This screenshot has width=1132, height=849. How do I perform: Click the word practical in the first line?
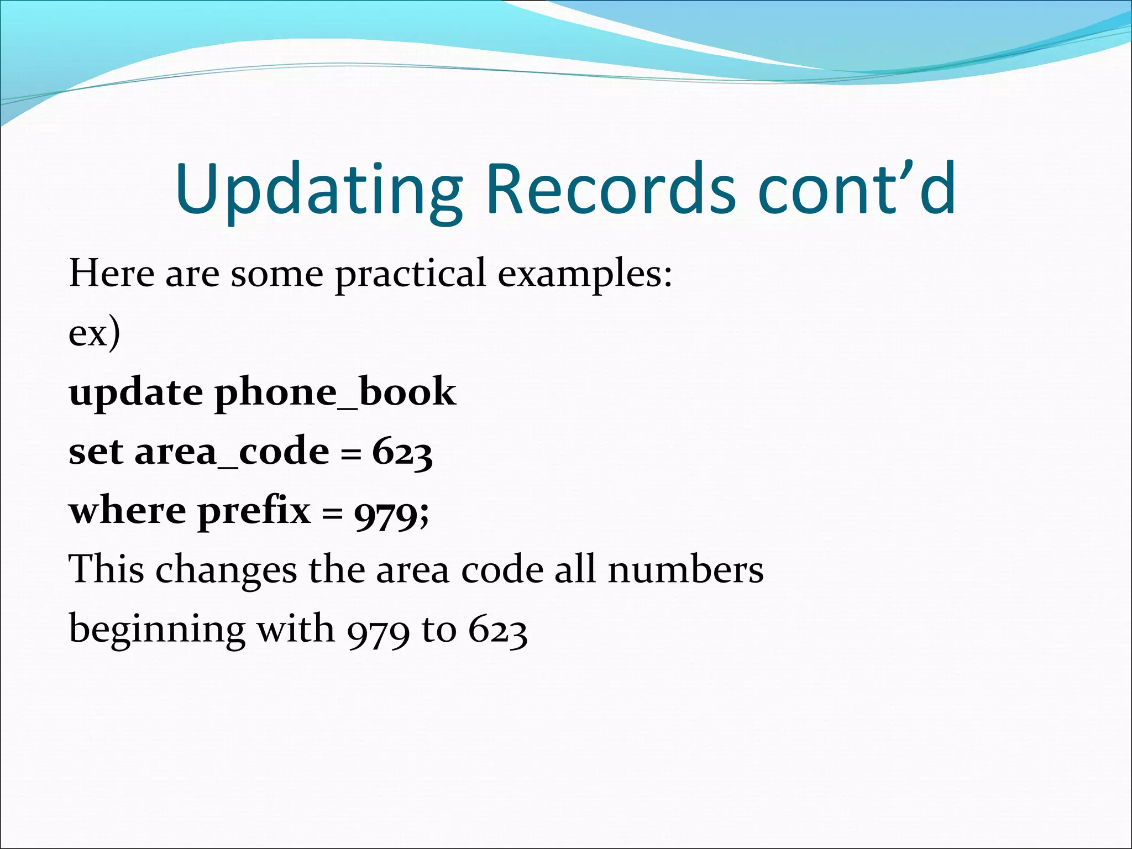[x=410, y=275]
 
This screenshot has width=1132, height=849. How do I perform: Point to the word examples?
[x=585, y=275]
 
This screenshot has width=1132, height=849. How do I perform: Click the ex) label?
[x=94, y=333]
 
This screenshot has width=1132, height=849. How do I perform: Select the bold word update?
[x=135, y=393]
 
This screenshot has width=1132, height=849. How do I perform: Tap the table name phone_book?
[x=335, y=393]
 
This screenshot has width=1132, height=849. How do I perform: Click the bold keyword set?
[x=95, y=452]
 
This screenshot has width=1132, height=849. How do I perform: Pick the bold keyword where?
[x=127, y=511]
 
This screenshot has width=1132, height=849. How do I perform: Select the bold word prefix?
[x=254, y=512]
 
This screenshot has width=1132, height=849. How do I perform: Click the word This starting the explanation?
[x=106, y=570]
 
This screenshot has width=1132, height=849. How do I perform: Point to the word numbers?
[x=685, y=570]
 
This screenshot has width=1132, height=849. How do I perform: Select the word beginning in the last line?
[x=157, y=630]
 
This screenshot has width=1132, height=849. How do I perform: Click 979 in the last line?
[x=378, y=631]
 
